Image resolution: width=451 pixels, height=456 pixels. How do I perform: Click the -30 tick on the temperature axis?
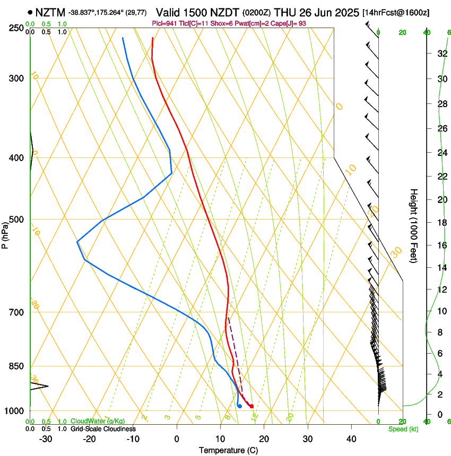46,439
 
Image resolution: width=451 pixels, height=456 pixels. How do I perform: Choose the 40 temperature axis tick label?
351,439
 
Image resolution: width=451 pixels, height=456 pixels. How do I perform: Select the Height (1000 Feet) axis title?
414,226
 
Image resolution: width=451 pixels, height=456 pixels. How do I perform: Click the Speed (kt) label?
403,429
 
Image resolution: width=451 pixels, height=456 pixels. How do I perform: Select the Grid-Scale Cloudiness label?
103,429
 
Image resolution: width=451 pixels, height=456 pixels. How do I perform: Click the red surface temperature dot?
251,406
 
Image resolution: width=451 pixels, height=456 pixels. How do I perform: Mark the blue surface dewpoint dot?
240,406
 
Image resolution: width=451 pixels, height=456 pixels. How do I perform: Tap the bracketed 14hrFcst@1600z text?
396,12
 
